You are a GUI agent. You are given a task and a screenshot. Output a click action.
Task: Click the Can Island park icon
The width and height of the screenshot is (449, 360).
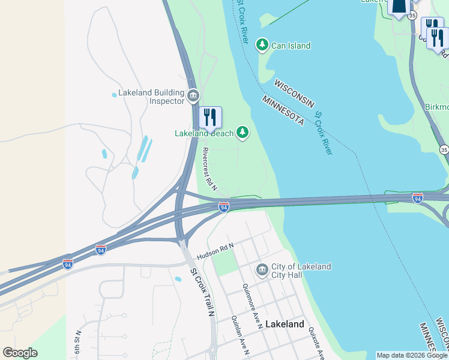(262, 45)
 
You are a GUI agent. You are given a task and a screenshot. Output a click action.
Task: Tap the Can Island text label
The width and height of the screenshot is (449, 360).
(291, 46)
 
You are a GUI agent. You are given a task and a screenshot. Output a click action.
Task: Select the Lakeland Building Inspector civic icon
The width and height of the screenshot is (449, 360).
(193, 95)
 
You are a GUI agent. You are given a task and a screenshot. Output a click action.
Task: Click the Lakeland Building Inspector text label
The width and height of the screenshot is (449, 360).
(151, 97)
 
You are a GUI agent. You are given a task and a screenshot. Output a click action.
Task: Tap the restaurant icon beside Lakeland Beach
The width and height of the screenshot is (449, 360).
(209, 117)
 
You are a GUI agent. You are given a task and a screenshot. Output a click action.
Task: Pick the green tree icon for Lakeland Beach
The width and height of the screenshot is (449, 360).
(243, 132)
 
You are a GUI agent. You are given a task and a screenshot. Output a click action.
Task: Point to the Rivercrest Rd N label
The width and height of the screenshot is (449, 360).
(209, 166)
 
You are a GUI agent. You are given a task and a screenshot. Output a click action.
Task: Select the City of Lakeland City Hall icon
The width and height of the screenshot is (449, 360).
(262, 270)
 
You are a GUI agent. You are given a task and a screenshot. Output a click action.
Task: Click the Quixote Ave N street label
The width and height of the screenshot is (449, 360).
(317, 342)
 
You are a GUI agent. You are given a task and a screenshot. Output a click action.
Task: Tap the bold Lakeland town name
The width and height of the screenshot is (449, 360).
(285, 324)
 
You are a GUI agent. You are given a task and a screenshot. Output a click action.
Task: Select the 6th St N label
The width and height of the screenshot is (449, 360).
(78, 341)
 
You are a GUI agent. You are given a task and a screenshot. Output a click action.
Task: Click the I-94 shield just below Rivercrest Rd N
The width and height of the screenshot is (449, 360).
(224, 206)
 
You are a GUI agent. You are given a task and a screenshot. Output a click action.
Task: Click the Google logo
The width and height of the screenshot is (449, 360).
(20, 353)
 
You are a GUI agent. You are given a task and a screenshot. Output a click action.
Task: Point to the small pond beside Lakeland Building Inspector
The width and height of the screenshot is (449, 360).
(114, 95)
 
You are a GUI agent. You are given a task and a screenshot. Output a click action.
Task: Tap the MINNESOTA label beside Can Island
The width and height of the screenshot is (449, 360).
(283, 110)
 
